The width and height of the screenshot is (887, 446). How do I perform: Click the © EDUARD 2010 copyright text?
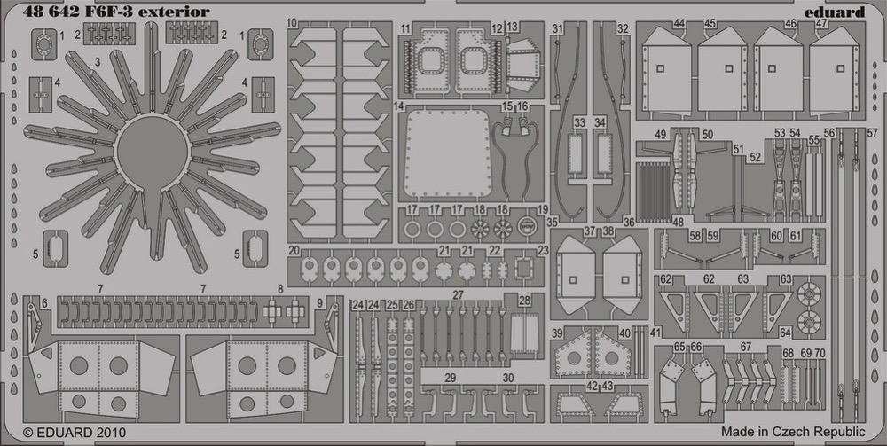click(x=75, y=433)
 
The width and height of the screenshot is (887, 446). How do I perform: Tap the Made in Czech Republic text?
click(x=793, y=433)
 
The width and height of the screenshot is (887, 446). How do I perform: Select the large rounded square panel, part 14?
click(x=447, y=154)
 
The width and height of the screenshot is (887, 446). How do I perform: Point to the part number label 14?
click(x=399, y=106)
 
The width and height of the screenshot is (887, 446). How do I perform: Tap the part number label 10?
click(x=292, y=23)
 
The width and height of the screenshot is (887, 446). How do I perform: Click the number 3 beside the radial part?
click(x=98, y=63)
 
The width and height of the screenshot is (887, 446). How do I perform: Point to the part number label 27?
click(x=459, y=294)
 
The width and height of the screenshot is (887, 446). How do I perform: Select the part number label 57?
click(x=873, y=133)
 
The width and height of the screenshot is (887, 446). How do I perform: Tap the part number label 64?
click(x=785, y=333)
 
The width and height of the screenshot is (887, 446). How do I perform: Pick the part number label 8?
click(x=280, y=289)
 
